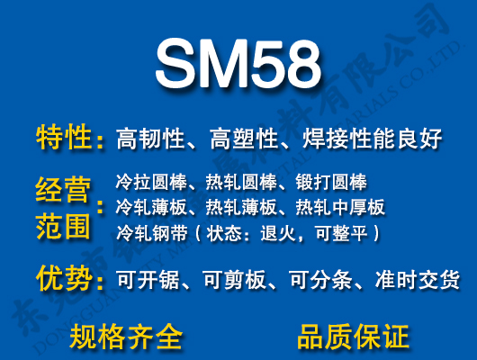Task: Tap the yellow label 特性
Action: (x=64, y=138)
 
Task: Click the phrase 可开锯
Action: (x=149, y=280)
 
